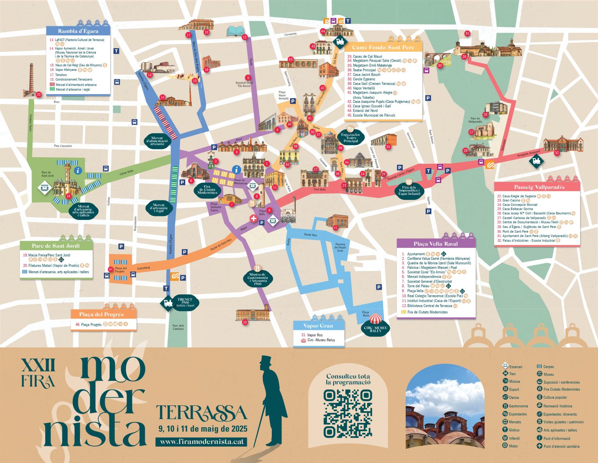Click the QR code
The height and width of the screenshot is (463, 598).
point(348,413)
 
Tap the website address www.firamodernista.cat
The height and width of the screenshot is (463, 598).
point(202,442)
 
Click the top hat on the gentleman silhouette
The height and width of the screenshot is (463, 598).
point(266,361)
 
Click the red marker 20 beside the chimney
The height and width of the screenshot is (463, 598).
point(39,95)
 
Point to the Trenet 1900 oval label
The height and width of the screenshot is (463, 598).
point(185,302)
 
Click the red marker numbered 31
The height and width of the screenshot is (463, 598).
point(467,33)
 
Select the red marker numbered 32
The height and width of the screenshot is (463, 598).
point(557,153)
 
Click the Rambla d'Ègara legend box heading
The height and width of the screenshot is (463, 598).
point(78,31)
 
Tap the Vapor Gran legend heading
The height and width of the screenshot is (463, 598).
point(318,326)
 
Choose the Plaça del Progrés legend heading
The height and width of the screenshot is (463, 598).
point(101,314)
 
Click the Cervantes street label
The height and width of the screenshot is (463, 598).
point(290,34)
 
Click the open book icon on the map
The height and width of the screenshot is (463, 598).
point(236,31)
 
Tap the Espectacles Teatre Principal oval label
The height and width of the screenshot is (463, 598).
point(350,137)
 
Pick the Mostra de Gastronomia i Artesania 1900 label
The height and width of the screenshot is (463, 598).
point(257,278)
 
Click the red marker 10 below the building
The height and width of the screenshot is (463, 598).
point(245,322)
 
